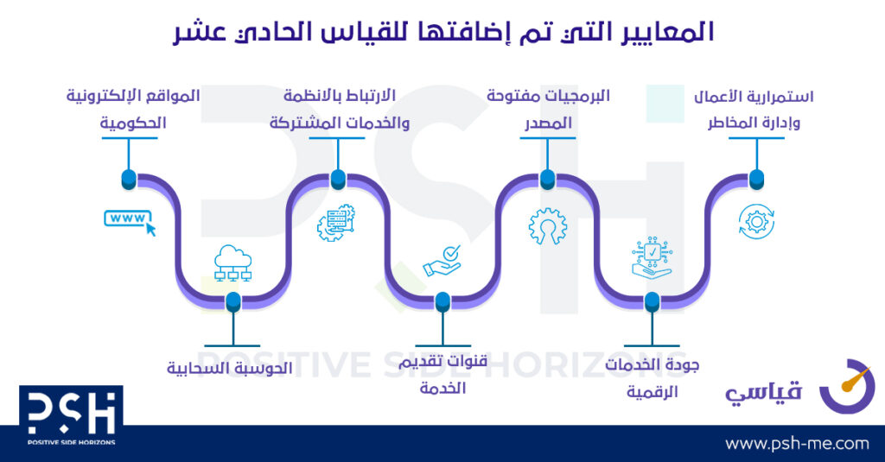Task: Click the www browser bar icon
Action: coord(130,222)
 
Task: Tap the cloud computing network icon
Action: coord(232,263)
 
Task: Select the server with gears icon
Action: coord(336,223)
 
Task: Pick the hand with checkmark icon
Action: coord(442,261)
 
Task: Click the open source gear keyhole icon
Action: coord(547,225)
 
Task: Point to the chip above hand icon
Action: coord(652,257)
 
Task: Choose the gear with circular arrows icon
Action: coord(756,222)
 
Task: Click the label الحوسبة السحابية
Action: coord(230,369)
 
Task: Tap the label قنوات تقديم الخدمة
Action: coord(443,375)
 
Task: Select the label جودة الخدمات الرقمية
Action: coord(652,378)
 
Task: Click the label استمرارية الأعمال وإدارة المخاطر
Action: coord(754,110)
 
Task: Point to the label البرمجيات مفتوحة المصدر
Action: coord(548,109)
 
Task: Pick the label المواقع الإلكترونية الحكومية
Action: coord(133,109)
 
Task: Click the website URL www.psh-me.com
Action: coord(797,443)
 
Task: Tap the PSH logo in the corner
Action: coord(71,415)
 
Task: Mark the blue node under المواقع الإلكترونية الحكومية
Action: coord(130,180)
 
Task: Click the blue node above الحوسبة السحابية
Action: coord(233,302)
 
